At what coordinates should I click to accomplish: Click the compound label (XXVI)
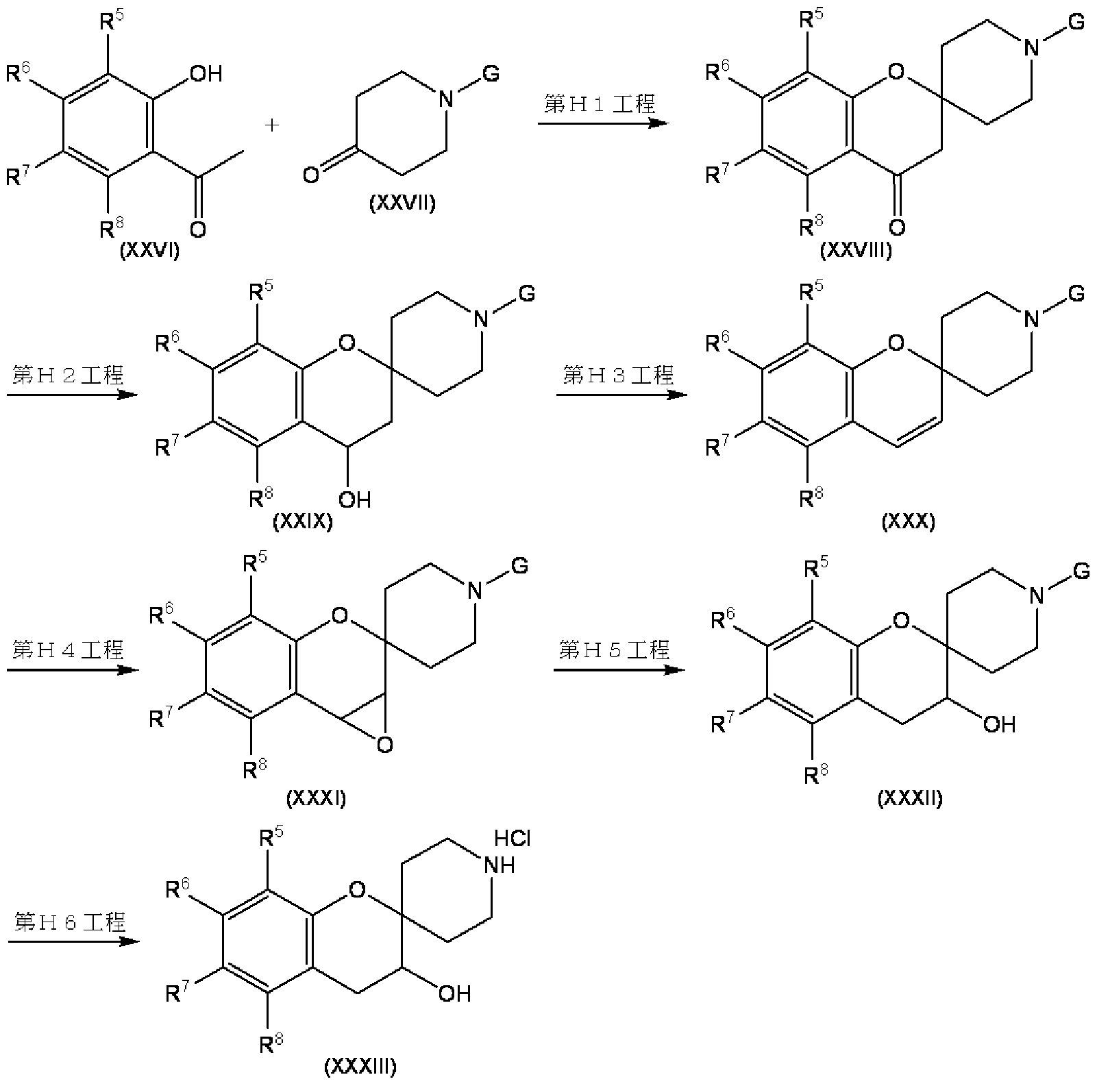149,252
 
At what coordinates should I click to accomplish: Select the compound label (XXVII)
402,203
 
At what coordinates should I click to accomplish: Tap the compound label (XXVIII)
856,251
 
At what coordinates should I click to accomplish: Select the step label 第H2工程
68,375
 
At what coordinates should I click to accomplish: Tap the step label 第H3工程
619,375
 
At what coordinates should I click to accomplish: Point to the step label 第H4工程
68,649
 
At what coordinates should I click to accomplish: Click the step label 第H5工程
614,649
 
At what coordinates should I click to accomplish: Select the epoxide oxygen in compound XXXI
385,744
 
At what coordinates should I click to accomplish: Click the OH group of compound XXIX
354,499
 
